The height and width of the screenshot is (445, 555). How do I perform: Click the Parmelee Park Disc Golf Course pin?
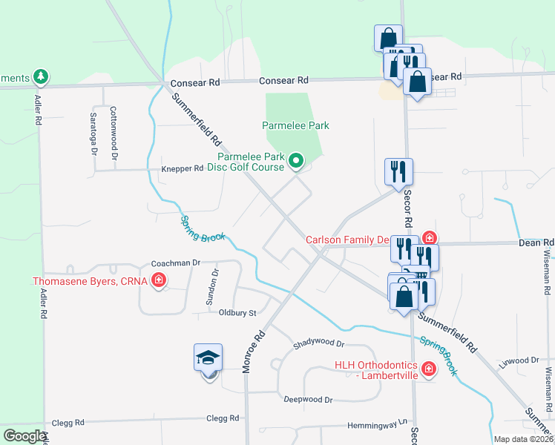(296, 160)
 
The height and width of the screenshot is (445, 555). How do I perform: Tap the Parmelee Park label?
(295, 125)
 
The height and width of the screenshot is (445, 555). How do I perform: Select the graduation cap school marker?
(208, 359)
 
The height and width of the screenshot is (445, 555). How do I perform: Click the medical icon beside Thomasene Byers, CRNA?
(158, 280)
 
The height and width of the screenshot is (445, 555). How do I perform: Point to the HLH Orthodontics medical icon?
(428, 369)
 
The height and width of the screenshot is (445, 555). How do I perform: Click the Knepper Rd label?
(182, 168)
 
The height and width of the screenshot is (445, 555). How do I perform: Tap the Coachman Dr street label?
(176, 263)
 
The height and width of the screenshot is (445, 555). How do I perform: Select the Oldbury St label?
(237, 312)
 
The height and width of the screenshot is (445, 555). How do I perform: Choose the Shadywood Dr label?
(319, 343)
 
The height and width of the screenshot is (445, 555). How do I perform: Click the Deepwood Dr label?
(308, 399)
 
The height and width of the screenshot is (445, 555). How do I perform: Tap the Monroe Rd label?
(254, 352)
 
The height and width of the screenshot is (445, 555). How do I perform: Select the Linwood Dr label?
(518, 360)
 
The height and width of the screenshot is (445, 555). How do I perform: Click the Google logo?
(24, 436)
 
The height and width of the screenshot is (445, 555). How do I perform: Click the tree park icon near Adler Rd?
(42, 76)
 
